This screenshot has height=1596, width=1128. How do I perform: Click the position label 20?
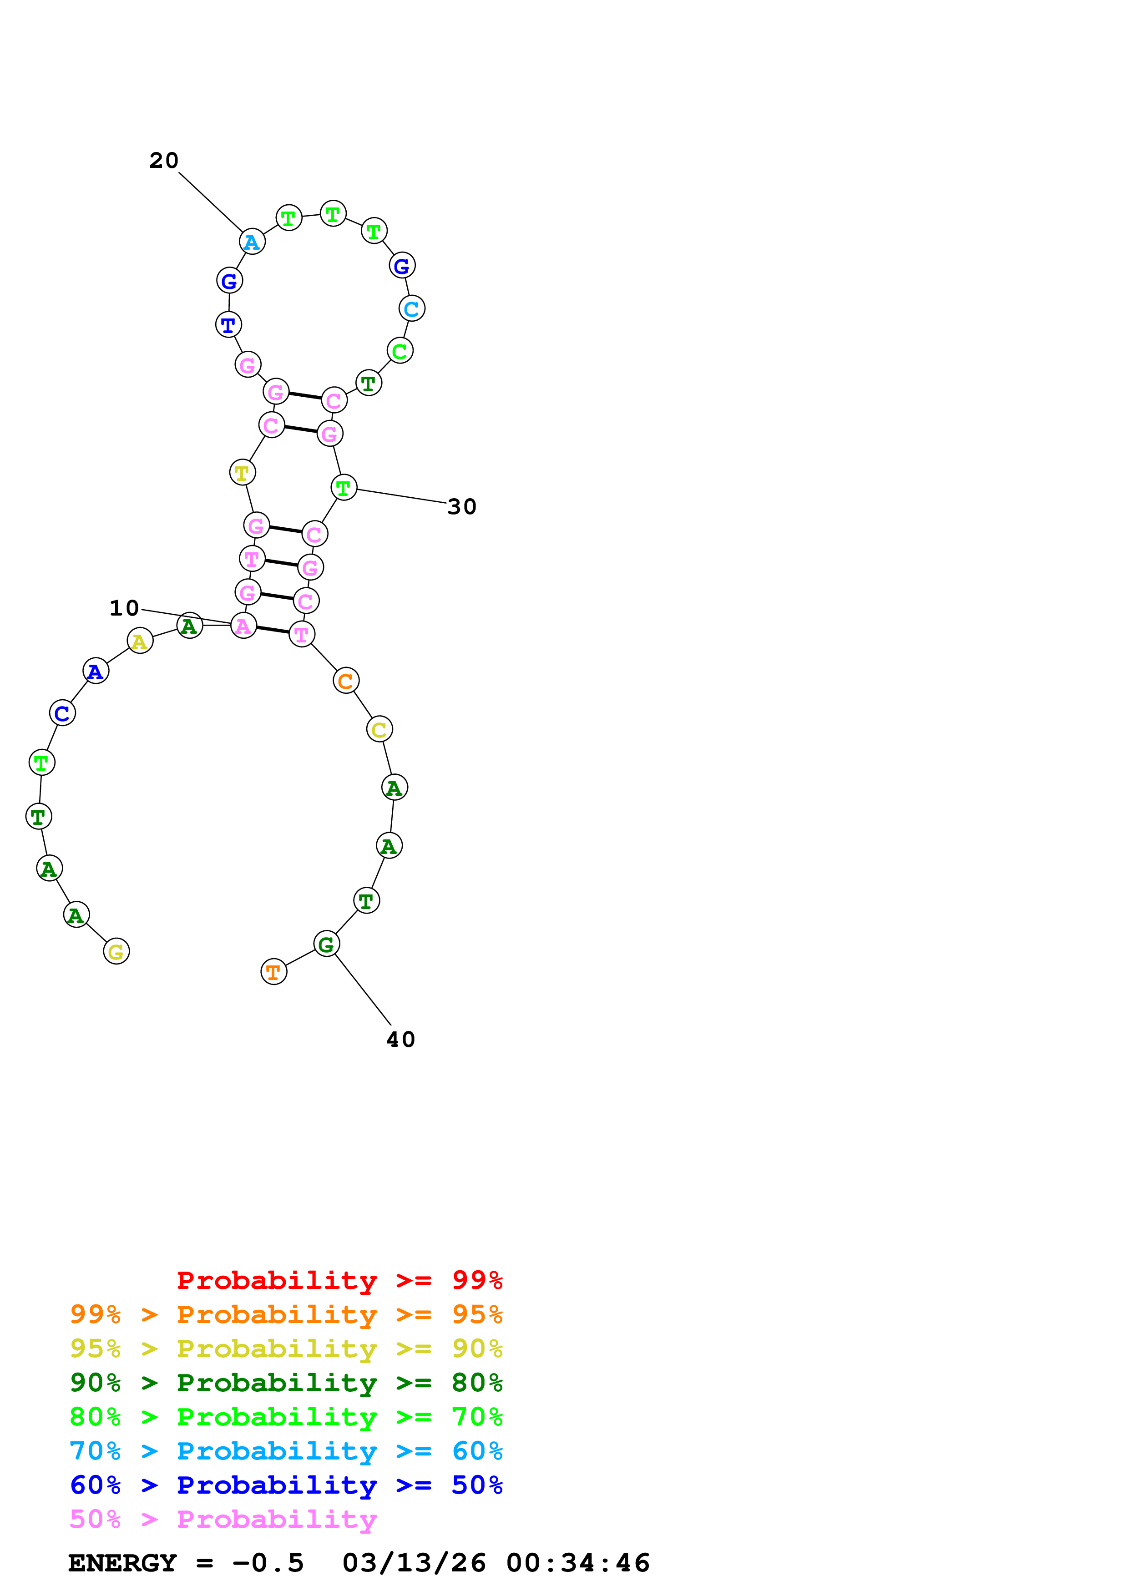point(164,161)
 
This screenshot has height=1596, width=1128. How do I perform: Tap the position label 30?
point(461,507)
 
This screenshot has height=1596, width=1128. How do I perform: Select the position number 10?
point(124,608)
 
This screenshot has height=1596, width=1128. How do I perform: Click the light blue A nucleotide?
point(252,242)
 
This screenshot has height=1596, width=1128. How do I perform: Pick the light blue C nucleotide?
point(411,308)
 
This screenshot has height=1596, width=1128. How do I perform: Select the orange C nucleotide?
point(345,681)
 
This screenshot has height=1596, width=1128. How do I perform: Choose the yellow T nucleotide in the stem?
point(242,473)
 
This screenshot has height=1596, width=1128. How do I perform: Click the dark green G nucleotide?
point(326,944)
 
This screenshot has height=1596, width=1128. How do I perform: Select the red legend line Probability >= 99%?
point(339,1280)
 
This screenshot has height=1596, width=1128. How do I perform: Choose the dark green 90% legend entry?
point(286,1383)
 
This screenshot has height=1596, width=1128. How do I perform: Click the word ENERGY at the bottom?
point(122,1563)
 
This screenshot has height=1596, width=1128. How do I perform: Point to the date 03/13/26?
point(414,1563)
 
